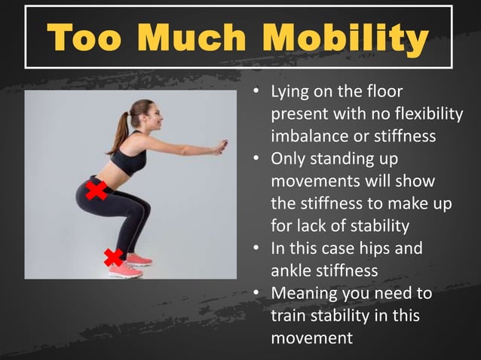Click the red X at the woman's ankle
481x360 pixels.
[x=114, y=258]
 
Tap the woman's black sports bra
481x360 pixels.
[x=129, y=157]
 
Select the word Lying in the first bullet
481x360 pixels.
[x=290, y=93]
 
